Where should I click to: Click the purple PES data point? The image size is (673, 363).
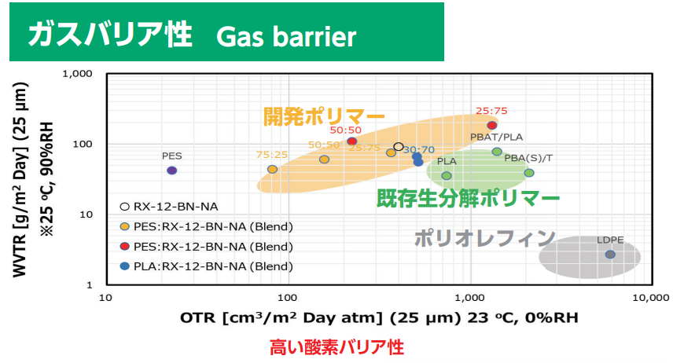(x=171, y=170)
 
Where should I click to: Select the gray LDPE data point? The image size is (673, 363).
(x=610, y=255)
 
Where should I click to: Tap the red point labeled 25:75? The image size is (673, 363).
(x=492, y=125)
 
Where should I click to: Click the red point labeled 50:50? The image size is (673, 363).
(x=352, y=141)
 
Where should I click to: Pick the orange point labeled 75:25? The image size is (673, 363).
(x=272, y=169)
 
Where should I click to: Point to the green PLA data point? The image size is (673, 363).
(x=447, y=175)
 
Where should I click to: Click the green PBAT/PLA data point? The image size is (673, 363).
(x=497, y=152)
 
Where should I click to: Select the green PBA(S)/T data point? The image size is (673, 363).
(x=529, y=173)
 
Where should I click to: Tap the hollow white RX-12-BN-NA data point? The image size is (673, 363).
(x=399, y=147)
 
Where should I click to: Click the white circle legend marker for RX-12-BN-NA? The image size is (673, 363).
(x=124, y=207)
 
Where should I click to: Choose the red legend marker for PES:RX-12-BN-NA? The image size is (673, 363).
(x=124, y=246)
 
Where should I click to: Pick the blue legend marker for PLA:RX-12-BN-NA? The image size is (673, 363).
(x=124, y=266)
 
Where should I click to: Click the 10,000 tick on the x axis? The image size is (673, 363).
(x=651, y=297)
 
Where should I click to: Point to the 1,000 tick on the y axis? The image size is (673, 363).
(x=77, y=74)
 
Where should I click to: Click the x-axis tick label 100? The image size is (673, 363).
(x=287, y=297)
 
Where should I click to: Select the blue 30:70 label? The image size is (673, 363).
(x=419, y=150)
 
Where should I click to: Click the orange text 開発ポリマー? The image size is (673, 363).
(x=324, y=117)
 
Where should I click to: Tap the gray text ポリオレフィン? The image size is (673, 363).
(x=485, y=239)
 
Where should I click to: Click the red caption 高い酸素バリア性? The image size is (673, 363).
(x=337, y=347)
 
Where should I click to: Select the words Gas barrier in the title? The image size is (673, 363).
(x=286, y=36)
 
